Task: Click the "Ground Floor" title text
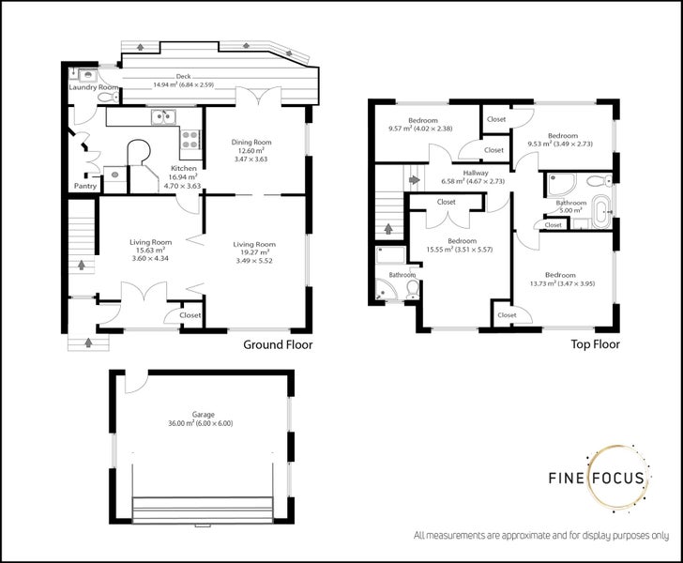coord(278,344)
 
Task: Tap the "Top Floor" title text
coord(595,344)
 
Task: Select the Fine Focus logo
coord(597,478)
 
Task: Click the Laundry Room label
coord(93,87)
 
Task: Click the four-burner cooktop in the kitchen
coord(190,140)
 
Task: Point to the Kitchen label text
coord(184,168)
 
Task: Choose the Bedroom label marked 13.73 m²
coord(562,274)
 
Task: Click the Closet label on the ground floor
coord(190,316)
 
